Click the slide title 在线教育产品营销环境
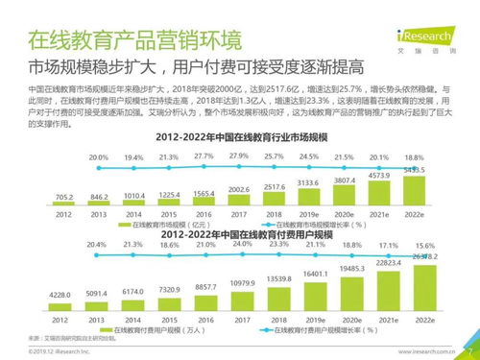click(x=134, y=41)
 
